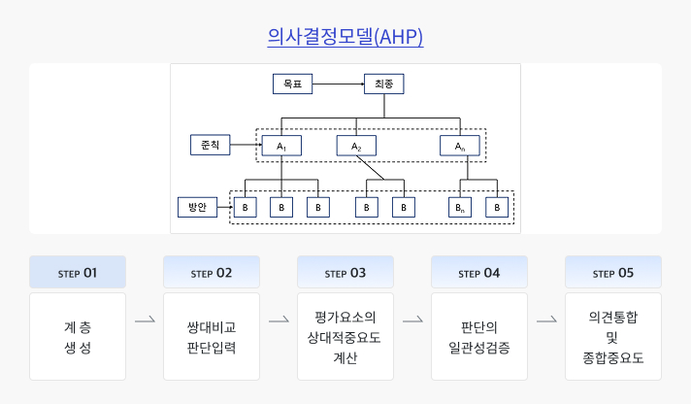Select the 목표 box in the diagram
(x=292, y=84)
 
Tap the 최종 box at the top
(x=383, y=84)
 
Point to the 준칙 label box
(x=210, y=145)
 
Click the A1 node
(x=281, y=146)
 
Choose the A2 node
(x=356, y=146)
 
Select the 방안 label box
(x=197, y=207)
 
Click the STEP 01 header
(x=78, y=273)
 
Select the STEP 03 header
(x=345, y=273)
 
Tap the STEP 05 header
(x=613, y=273)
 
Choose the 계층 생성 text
(x=78, y=336)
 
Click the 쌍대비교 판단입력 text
(x=212, y=336)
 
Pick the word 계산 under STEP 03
(x=345, y=357)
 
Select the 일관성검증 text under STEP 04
(x=479, y=346)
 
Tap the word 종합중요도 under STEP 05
(x=613, y=357)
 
